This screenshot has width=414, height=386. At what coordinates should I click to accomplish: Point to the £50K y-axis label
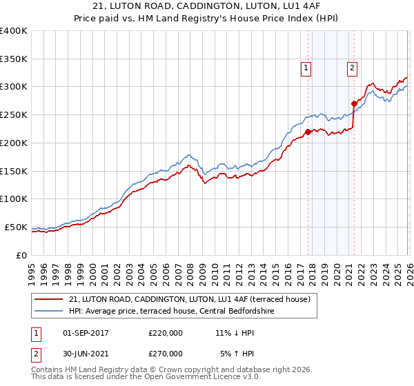pyautogui.click(x=15, y=227)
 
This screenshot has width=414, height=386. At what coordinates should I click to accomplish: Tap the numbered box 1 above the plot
pyautogui.click(x=306, y=68)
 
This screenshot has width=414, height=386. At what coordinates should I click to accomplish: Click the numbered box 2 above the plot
pyautogui.click(x=352, y=68)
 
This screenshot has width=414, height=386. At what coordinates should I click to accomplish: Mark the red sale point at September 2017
pyautogui.click(x=307, y=132)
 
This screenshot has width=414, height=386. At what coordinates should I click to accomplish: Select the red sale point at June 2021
pyautogui.click(x=353, y=103)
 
